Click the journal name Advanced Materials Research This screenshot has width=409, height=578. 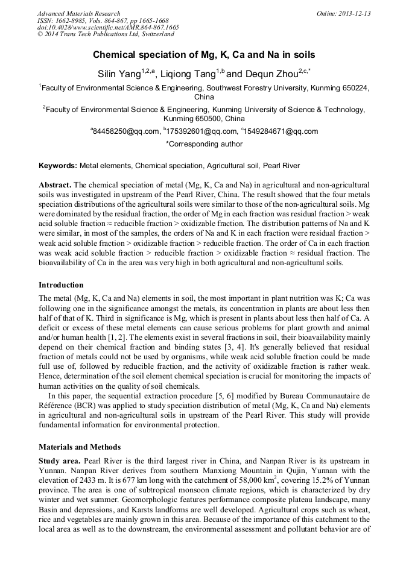click(78, 13)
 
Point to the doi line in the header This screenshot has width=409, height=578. click(108, 28)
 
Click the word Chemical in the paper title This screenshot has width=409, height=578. click(115, 55)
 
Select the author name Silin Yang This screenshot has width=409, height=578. click(118, 74)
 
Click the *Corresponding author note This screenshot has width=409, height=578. click(204, 144)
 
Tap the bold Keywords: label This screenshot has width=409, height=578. click(58, 166)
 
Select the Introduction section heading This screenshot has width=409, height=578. click(61, 284)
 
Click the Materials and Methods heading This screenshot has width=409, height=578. click(80, 447)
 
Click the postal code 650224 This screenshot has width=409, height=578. click(352, 87)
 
